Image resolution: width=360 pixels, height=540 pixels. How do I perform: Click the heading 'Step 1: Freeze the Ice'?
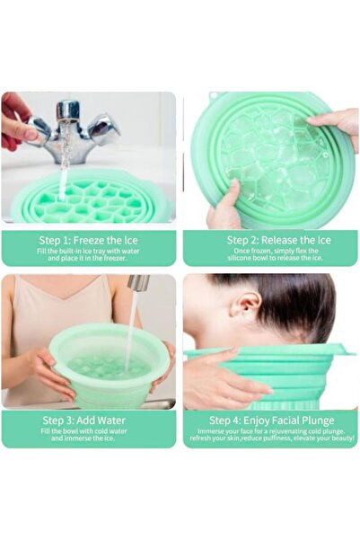[89, 239]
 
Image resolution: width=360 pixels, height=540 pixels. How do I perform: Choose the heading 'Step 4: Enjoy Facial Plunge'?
[272, 420]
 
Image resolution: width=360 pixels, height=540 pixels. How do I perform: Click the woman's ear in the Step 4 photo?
[241, 310]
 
